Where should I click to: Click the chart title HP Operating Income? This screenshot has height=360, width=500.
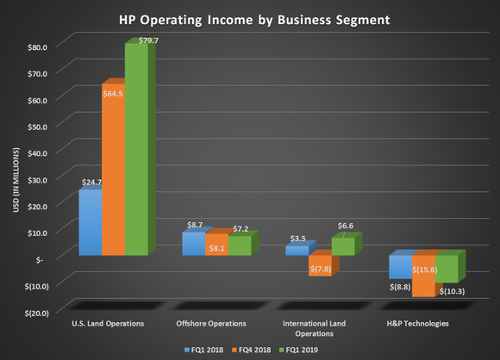(x=251, y=18)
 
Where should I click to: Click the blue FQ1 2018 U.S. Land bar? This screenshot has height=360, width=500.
(x=91, y=222)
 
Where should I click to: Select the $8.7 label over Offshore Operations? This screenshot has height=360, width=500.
(x=194, y=224)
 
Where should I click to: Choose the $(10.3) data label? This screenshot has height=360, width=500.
(x=453, y=292)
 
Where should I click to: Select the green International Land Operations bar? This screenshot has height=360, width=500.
(x=342, y=246)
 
